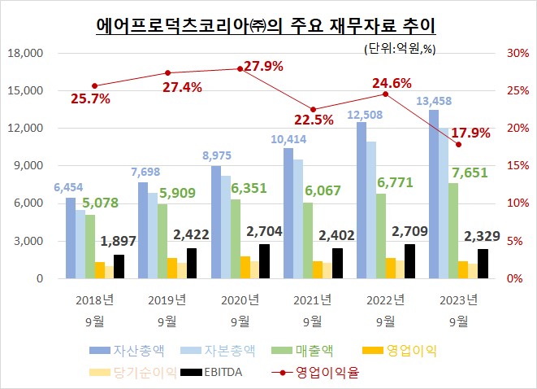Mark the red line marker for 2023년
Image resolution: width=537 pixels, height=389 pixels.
(458, 144)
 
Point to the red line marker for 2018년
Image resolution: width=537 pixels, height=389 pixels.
(95, 85)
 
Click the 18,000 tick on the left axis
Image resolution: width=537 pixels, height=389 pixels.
(28, 53)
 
